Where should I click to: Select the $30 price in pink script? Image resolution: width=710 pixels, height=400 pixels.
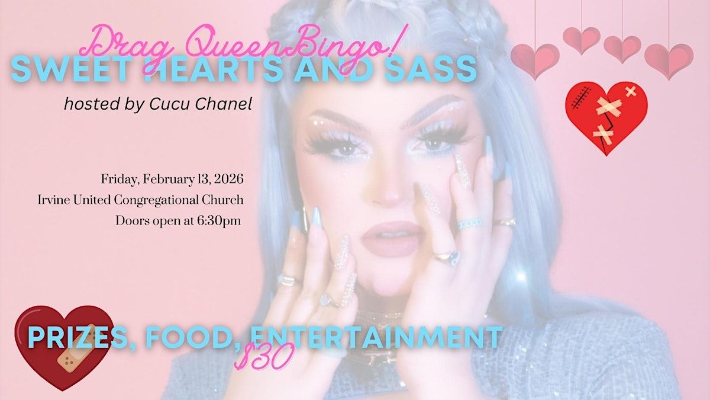[264, 355]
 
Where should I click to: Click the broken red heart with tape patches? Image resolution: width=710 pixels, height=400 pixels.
[606, 117]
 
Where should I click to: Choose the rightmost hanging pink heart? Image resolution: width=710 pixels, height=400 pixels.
[669, 60]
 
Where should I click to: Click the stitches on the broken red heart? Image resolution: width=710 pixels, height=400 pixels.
[581, 98]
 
